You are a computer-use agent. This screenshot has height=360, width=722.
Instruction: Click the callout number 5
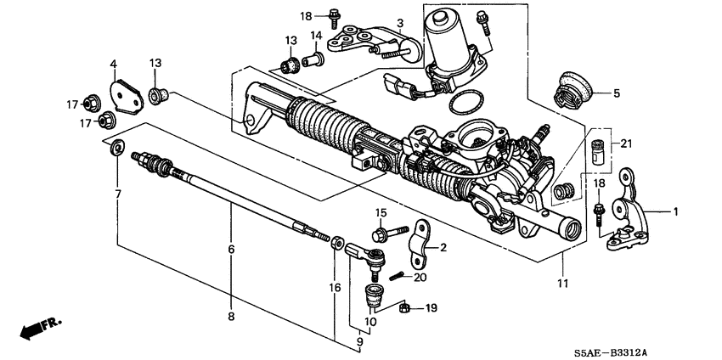tap(618, 93)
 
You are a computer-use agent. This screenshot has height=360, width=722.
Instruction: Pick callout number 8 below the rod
tap(230, 316)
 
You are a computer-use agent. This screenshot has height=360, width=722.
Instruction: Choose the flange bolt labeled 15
tap(378, 233)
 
